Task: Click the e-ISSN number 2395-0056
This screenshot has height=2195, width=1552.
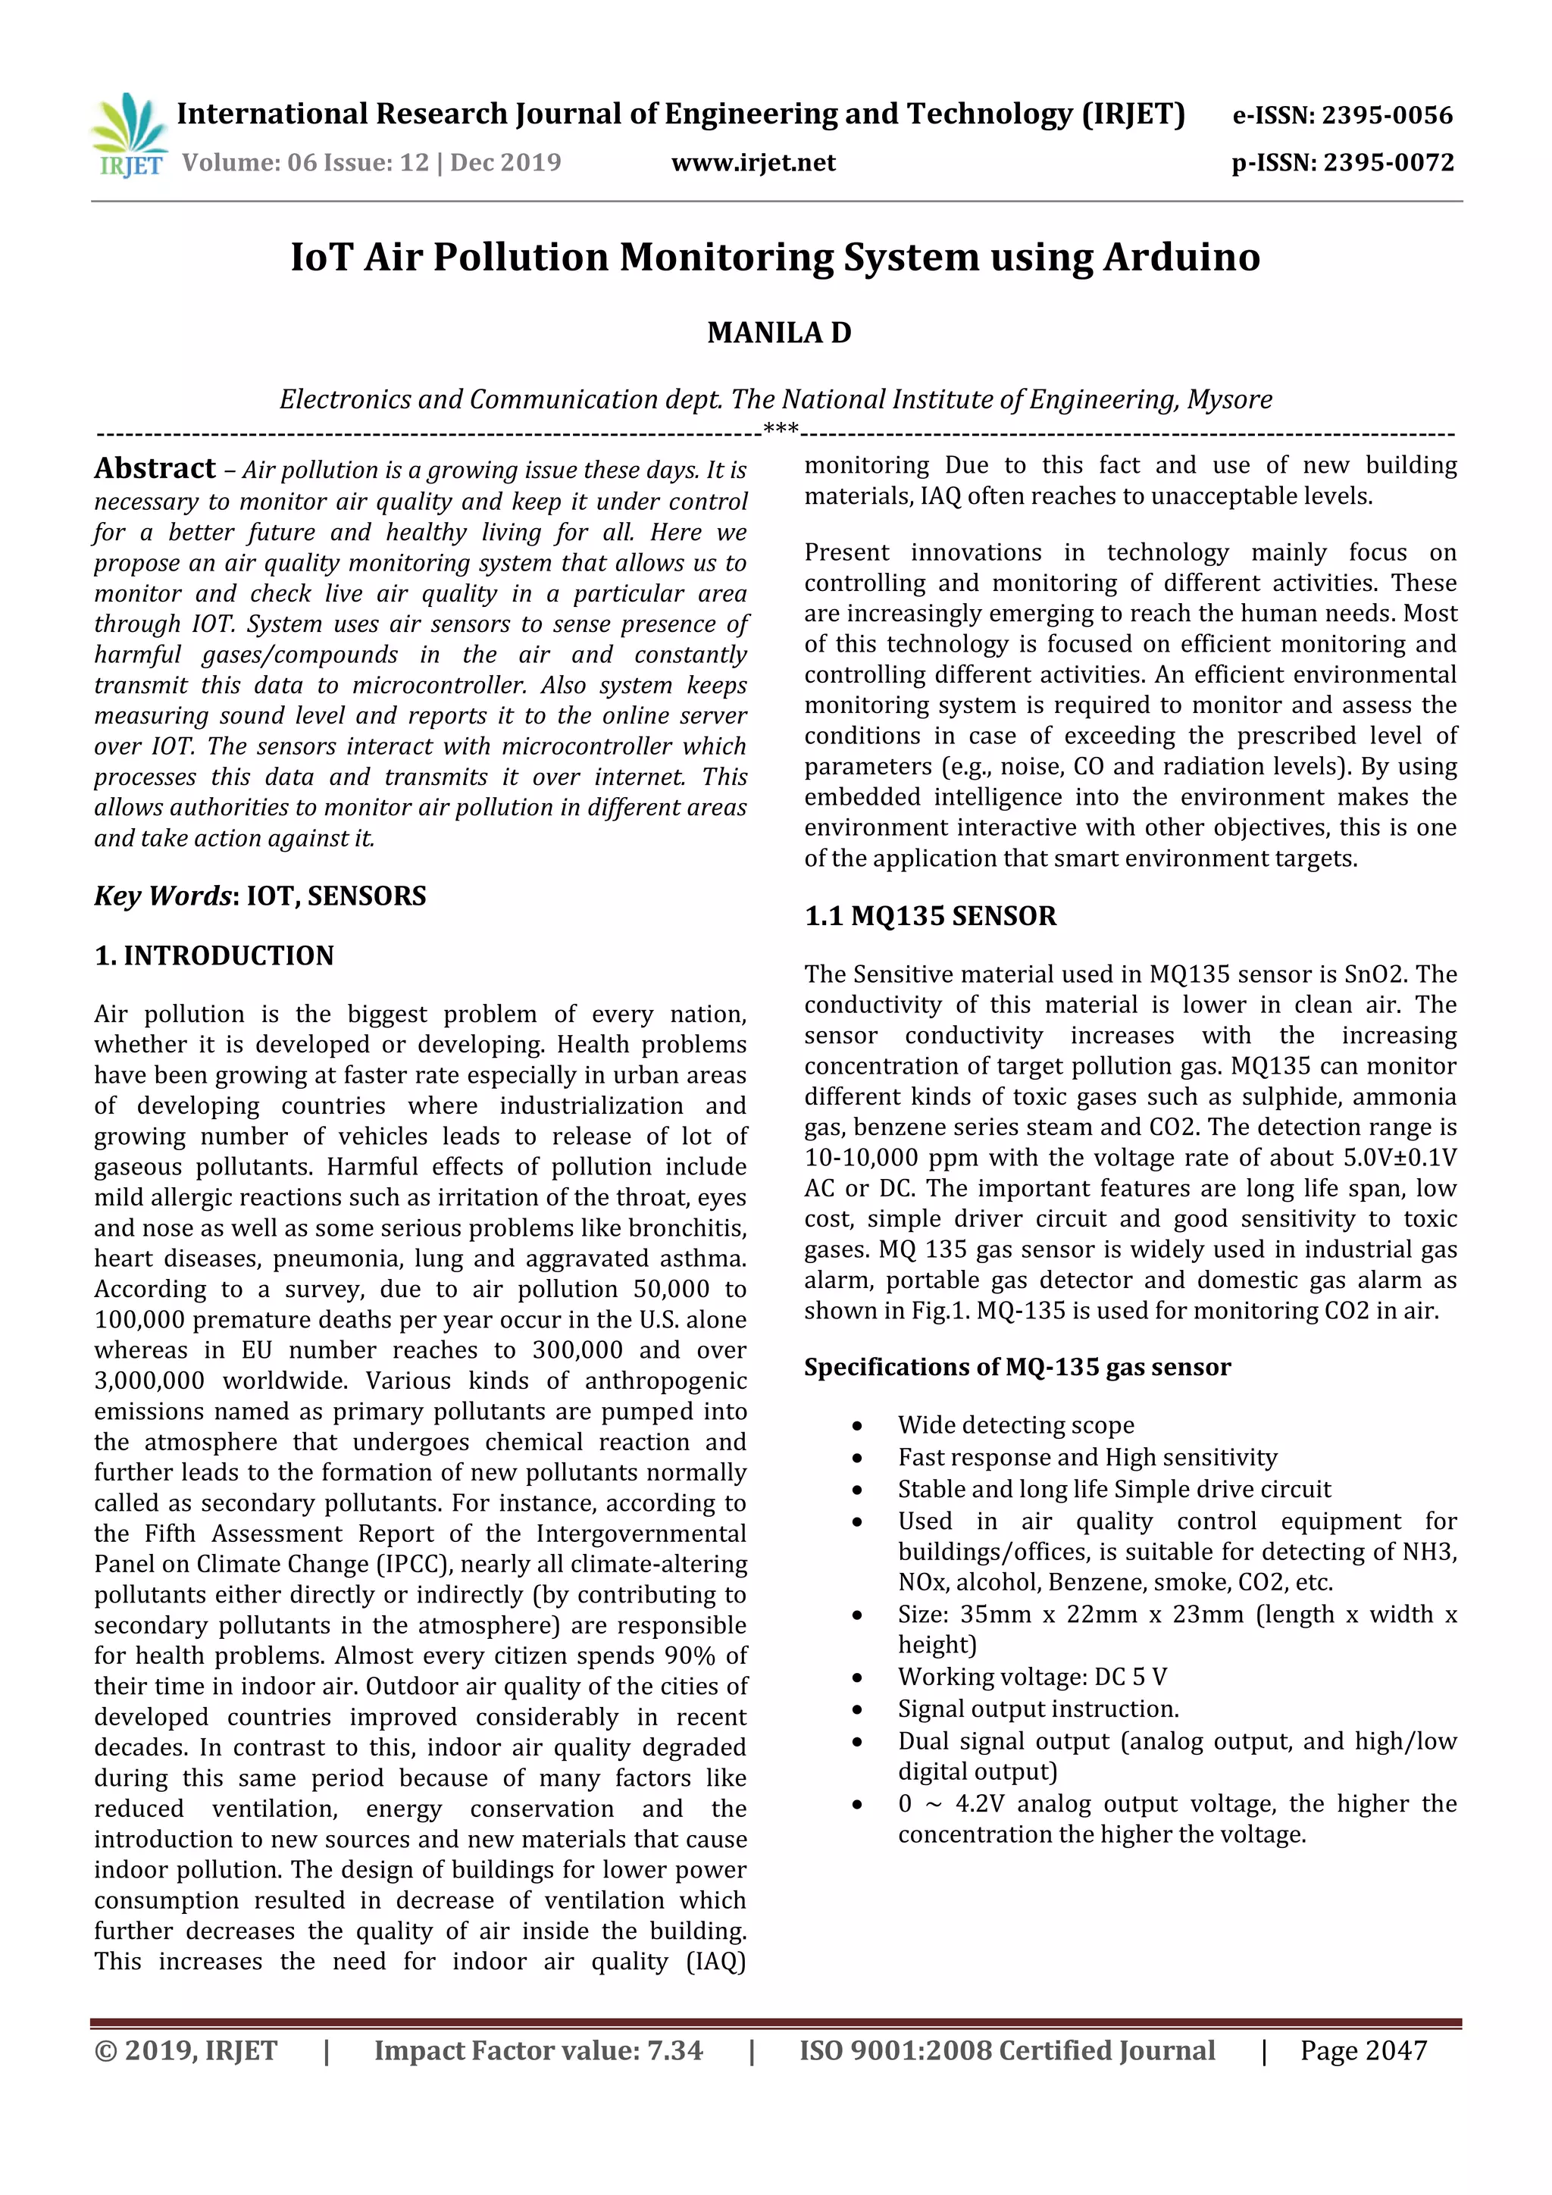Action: coord(1387,116)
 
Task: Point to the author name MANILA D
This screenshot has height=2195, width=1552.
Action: coord(779,333)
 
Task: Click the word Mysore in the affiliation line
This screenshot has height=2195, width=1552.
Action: coord(1228,399)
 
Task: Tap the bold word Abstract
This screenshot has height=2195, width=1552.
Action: coord(155,468)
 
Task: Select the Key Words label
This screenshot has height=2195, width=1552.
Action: coord(164,896)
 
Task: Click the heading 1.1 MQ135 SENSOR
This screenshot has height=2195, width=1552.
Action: coord(930,916)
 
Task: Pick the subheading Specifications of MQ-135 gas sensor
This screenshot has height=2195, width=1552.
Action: coord(1018,1367)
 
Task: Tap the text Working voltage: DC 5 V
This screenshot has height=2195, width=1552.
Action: coord(1032,1677)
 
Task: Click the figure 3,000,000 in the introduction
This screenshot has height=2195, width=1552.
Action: coord(149,1380)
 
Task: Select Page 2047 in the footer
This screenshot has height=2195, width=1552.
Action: coord(1363,2050)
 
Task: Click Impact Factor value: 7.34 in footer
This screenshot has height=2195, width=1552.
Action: coord(538,2050)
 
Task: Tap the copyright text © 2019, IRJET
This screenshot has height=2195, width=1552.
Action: coord(186,2050)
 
